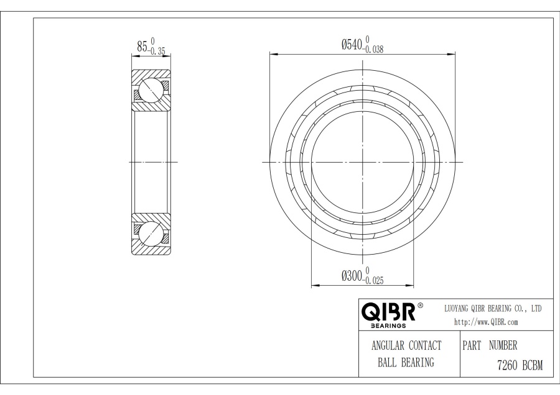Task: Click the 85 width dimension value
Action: click(142, 47)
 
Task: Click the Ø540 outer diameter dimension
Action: click(352, 45)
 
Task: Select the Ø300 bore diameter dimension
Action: click(352, 276)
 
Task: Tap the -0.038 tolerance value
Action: click(373, 50)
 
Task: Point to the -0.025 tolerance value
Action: click(373, 281)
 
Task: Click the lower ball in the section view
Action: click(151, 234)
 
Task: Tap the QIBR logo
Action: click(389, 312)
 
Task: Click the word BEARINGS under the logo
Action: click(388, 325)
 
